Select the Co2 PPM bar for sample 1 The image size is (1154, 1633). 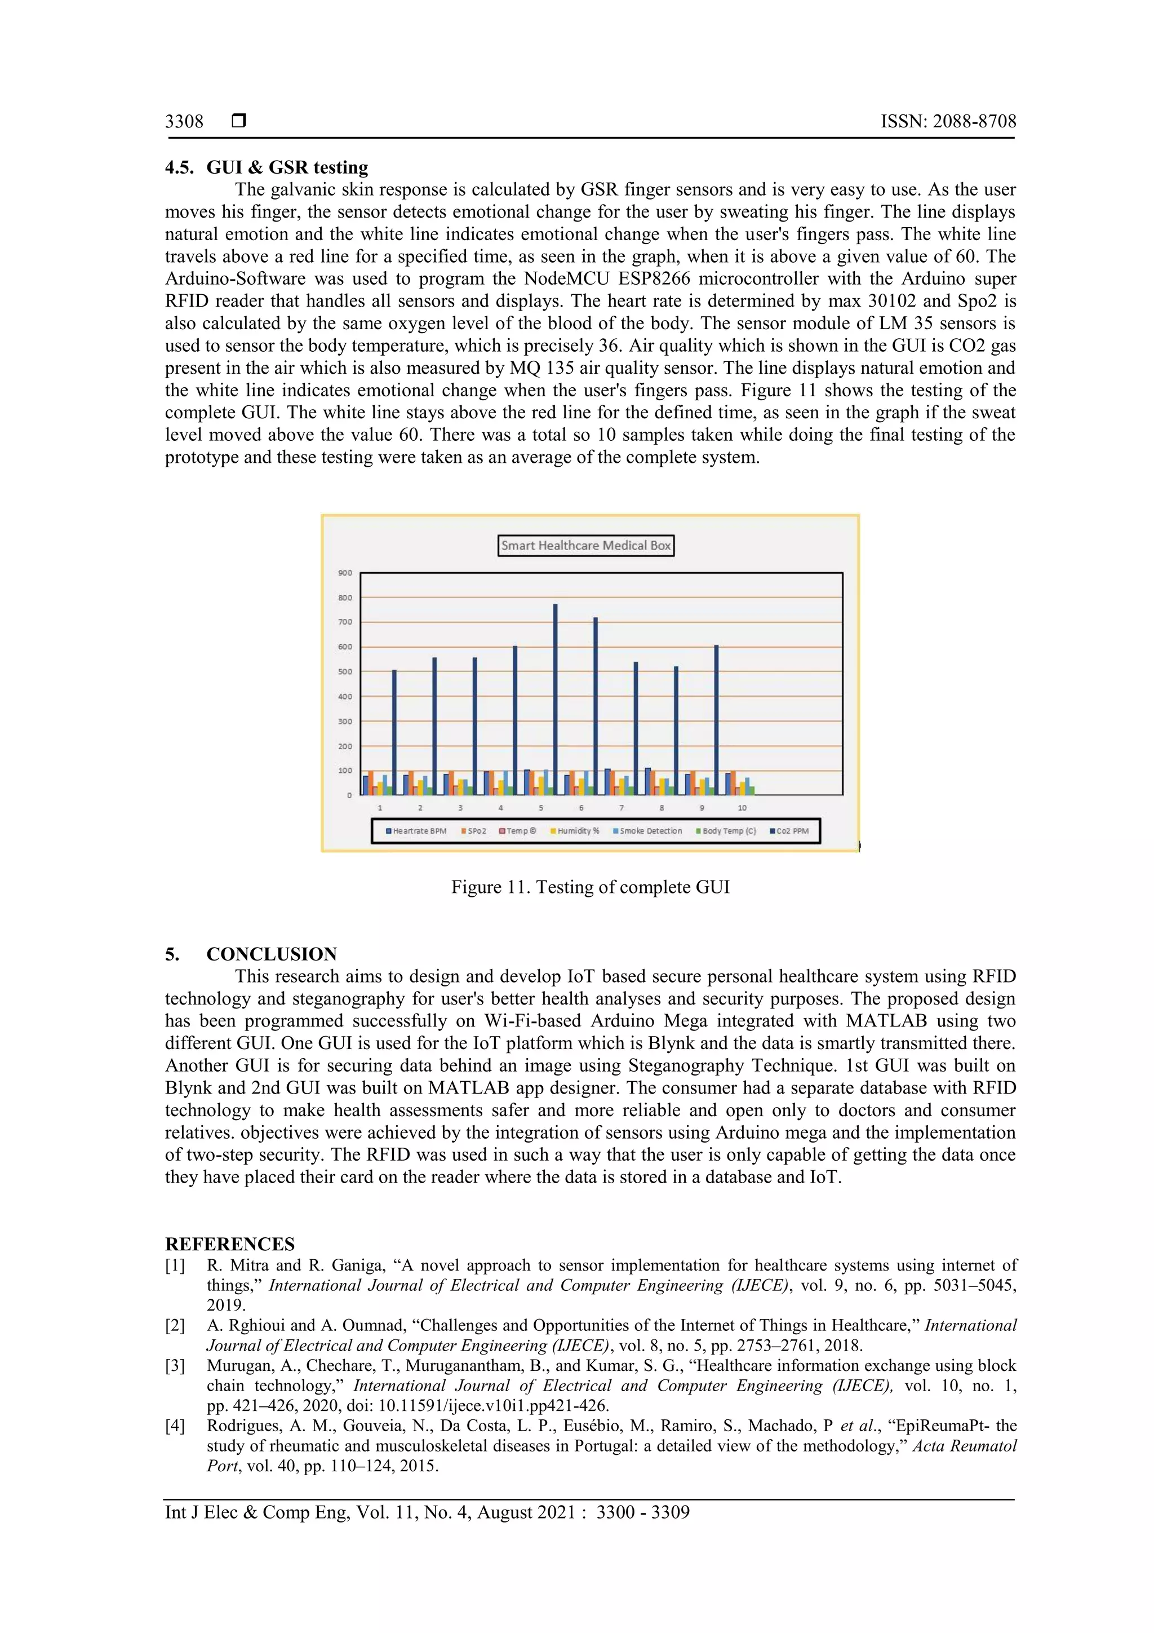[394, 733]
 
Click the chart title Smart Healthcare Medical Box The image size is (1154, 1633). [585, 546]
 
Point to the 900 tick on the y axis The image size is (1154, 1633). [345, 573]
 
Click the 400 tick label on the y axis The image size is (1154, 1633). [345, 696]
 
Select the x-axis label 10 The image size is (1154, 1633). [742, 808]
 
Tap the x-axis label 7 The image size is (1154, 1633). [622, 808]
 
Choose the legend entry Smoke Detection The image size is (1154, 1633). [650, 831]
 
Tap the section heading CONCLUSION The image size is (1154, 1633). [272, 954]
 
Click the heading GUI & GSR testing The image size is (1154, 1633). [287, 167]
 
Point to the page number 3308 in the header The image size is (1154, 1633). [184, 122]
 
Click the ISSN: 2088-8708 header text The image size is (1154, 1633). [948, 122]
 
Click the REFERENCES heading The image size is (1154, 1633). [230, 1244]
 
